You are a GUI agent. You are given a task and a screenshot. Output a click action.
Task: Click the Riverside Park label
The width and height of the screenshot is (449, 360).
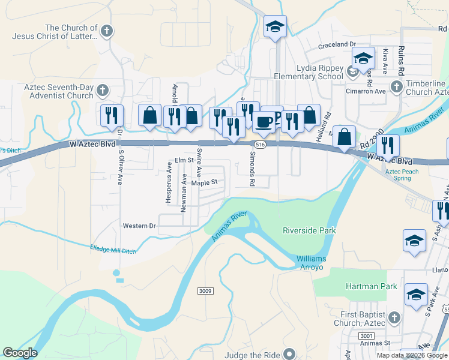click(309, 230)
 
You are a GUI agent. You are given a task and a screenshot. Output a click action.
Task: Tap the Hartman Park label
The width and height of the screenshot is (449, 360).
click(371, 286)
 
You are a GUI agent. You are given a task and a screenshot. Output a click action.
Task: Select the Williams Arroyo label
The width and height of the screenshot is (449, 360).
click(310, 262)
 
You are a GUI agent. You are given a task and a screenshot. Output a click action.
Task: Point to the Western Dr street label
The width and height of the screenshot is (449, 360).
click(139, 226)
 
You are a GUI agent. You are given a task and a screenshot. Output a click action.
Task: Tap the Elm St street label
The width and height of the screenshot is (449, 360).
click(184, 160)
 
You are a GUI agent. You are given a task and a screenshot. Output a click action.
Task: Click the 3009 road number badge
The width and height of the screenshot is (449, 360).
click(205, 291)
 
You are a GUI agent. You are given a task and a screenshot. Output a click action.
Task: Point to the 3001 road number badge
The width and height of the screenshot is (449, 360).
click(368, 336)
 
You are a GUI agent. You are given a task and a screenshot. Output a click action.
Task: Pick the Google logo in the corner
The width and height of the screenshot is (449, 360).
click(20, 353)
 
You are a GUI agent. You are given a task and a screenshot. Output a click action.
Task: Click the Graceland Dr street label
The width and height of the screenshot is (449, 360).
click(337, 44)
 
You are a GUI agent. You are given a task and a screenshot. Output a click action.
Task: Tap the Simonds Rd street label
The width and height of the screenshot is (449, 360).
click(253, 167)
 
